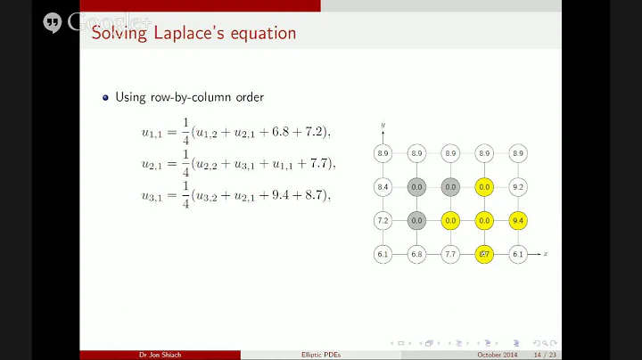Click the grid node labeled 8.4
[x=383, y=187]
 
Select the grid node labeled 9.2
[x=518, y=187]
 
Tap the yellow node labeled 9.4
[x=518, y=221]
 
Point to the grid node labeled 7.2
[x=383, y=221]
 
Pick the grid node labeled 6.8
[x=416, y=255]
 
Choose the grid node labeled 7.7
[x=450, y=255]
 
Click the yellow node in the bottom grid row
[x=484, y=255]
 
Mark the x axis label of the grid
[x=545, y=255]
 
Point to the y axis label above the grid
[x=383, y=126]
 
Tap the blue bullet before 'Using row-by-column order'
[x=106, y=97]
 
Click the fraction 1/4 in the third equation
[x=185, y=194]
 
